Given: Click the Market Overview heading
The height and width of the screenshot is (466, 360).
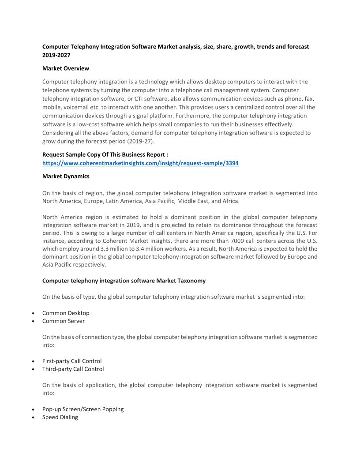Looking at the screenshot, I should click(x=66, y=68).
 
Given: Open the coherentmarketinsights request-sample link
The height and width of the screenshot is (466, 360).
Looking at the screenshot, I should click(x=140, y=163).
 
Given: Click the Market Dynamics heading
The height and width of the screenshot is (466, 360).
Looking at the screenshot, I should click(x=66, y=176).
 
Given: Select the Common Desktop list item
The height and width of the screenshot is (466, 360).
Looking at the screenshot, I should click(x=66, y=313).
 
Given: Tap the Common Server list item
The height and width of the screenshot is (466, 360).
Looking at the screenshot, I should click(x=64, y=321).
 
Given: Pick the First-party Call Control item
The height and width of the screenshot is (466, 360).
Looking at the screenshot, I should click(x=72, y=361).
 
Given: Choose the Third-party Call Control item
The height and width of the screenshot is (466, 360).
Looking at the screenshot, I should click(x=73, y=369).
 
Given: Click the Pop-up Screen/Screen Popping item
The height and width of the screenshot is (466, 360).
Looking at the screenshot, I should click(x=83, y=409).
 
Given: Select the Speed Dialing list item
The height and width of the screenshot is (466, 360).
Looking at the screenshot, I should click(x=60, y=417).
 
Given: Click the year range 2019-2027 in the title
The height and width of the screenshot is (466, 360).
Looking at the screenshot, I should click(x=56, y=55).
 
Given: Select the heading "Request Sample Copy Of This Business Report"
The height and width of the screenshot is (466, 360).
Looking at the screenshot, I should click(x=105, y=154).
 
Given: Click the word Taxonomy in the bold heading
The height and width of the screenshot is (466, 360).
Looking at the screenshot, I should click(x=191, y=281).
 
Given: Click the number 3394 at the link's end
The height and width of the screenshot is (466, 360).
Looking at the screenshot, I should click(x=231, y=163).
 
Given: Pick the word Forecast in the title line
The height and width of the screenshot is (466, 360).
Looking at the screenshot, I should click(x=297, y=46).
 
